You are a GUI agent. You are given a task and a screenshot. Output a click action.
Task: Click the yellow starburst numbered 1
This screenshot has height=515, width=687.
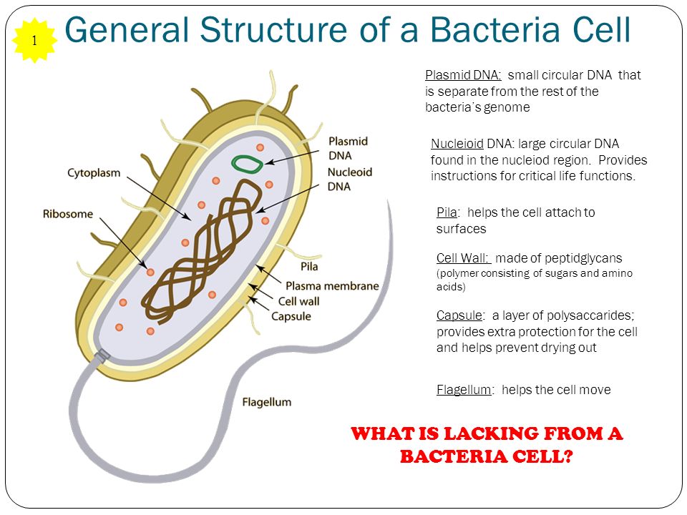click(34, 40)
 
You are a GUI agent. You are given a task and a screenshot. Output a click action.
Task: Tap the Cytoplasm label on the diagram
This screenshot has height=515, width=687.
click(94, 173)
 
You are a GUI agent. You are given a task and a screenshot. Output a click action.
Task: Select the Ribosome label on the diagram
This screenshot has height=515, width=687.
click(68, 214)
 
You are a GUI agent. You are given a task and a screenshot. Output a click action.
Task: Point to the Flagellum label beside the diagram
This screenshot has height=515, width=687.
click(267, 402)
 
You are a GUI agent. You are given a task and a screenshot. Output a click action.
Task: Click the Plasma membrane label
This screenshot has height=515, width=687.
click(332, 286)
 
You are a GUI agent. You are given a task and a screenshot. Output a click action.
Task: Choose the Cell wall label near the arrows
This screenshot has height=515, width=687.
click(299, 301)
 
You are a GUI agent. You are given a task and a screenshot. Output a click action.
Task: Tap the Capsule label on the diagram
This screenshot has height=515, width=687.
click(291, 317)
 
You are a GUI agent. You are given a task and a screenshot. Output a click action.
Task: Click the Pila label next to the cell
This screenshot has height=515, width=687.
click(309, 267)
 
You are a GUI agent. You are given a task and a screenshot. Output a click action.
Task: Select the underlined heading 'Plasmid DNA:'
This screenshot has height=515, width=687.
click(463, 75)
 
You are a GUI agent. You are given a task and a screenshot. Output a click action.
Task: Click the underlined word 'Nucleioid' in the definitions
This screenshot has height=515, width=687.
click(457, 144)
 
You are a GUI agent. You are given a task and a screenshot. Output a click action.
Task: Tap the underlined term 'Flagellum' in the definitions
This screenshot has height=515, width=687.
click(464, 389)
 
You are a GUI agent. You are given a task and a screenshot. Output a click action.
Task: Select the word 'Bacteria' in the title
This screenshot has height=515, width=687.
click(494, 30)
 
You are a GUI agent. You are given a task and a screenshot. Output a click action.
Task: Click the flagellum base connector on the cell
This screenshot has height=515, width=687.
click(103, 355)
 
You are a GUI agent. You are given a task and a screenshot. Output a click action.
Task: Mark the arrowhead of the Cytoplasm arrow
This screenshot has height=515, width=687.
click(188, 217)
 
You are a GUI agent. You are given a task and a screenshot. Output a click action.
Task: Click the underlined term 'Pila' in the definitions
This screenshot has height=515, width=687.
click(447, 212)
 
